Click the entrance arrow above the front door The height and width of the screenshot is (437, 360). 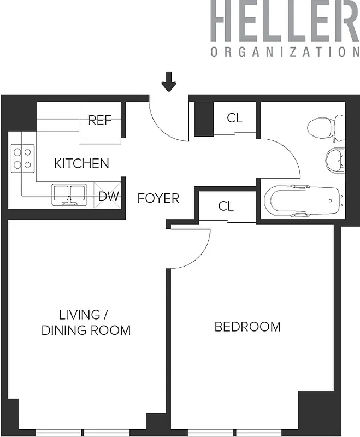coord(169,82)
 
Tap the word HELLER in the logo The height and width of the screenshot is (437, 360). coord(284,21)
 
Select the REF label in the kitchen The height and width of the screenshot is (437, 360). coord(99,120)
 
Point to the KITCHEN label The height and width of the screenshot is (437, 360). coord(81,163)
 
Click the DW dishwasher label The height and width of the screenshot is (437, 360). coord(109,197)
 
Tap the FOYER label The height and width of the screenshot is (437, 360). coord(158,198)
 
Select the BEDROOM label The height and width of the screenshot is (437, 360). coord(247,327)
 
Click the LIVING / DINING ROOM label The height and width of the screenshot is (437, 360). coord(86,322)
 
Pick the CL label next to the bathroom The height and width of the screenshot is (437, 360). coord(234,118)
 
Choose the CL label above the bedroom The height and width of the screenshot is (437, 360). coord(226,206)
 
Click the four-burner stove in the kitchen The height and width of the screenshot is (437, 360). coord(22,158)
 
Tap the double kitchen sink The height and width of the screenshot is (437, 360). coord(69,193)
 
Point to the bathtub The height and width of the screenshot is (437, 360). coord(302,200)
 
